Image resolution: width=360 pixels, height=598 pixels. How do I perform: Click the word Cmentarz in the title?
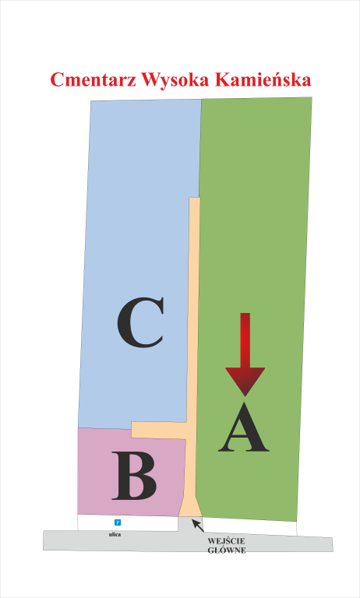pyautogui.click(x=93, y=79)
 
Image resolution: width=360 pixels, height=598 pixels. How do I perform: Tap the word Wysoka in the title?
pyautogui.click(x=175, y=80)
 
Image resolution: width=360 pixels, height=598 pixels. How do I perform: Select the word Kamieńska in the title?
pyautogui.click(x=263, y=79)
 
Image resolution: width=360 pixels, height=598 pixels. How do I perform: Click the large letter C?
pyautogui.click(x=140, y=322)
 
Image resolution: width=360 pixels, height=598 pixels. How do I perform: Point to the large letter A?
pyautogui.click(x=244, y=427)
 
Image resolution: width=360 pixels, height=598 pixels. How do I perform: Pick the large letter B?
pyautogui.click(x=134, y=476)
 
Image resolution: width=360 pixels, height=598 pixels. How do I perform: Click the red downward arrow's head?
pyautogui.click(x=245, y=382)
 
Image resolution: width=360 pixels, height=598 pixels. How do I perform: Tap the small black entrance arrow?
pyautogui.click(x=198, y=525)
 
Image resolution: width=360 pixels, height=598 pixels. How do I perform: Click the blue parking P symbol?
pyautogui.click(x=118, y=522)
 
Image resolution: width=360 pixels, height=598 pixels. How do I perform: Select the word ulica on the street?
pyautogui.click(x=115, y=535)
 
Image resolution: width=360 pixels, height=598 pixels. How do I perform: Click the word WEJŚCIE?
pyautogui.click(x=227, y=541)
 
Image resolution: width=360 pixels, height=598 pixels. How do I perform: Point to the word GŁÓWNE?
pyautogui.click(x=227, y=551)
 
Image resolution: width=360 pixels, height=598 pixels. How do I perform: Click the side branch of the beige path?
pyautogui.click(x=159, y=430)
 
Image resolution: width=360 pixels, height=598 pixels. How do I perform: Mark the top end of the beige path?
pyautogui.click(x=195, y=199)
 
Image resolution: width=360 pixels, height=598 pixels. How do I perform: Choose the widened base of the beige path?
pyautogui.click(x=190, y=507)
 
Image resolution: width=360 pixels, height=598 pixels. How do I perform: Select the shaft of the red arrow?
pyautogui.click(x=245, y=340)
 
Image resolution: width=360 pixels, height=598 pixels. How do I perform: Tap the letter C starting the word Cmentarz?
pyautogui.click(x=56, y=79)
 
